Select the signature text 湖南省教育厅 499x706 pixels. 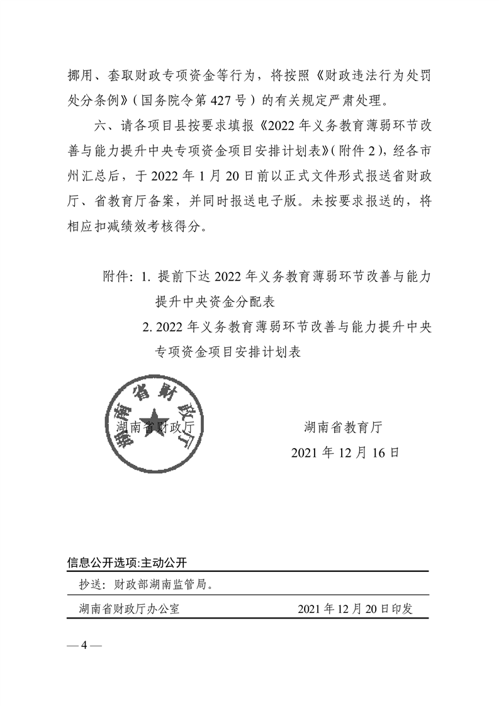(x=343, y=427)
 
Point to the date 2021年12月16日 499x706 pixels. (x=345, y=452)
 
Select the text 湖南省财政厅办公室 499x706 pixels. (x=130, y=608)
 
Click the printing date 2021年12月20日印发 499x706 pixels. (x=355, y=608)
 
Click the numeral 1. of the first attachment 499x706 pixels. (x=147, y=276)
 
